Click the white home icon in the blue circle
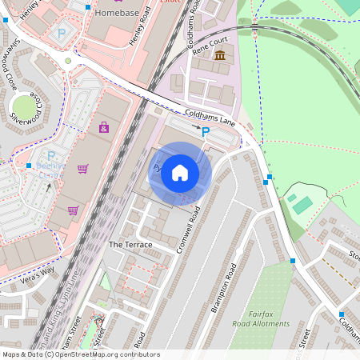180,173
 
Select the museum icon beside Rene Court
220,55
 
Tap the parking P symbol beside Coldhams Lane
206,131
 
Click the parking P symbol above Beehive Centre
52,156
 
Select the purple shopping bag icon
103,127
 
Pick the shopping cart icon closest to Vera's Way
73,210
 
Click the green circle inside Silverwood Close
24,106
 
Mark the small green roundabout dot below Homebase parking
68,61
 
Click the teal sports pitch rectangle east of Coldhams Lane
302,205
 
